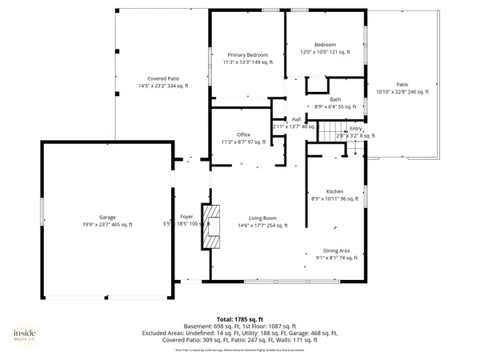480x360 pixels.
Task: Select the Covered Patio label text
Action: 156,78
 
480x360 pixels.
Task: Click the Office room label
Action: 244,134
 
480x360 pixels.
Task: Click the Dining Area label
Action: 336,250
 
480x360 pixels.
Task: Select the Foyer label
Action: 186,217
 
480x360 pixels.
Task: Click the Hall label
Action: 296,119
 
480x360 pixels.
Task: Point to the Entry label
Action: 355,129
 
